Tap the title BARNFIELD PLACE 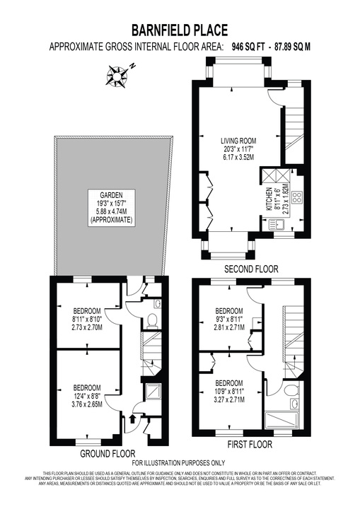[180, 30]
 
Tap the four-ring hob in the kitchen [297, 199]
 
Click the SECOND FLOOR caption [250, 269]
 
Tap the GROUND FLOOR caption [108, 453]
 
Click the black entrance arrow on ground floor [132, 421]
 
